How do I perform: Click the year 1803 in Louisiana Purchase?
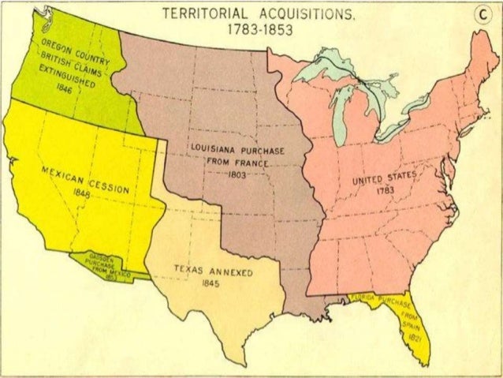pos(236,176)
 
